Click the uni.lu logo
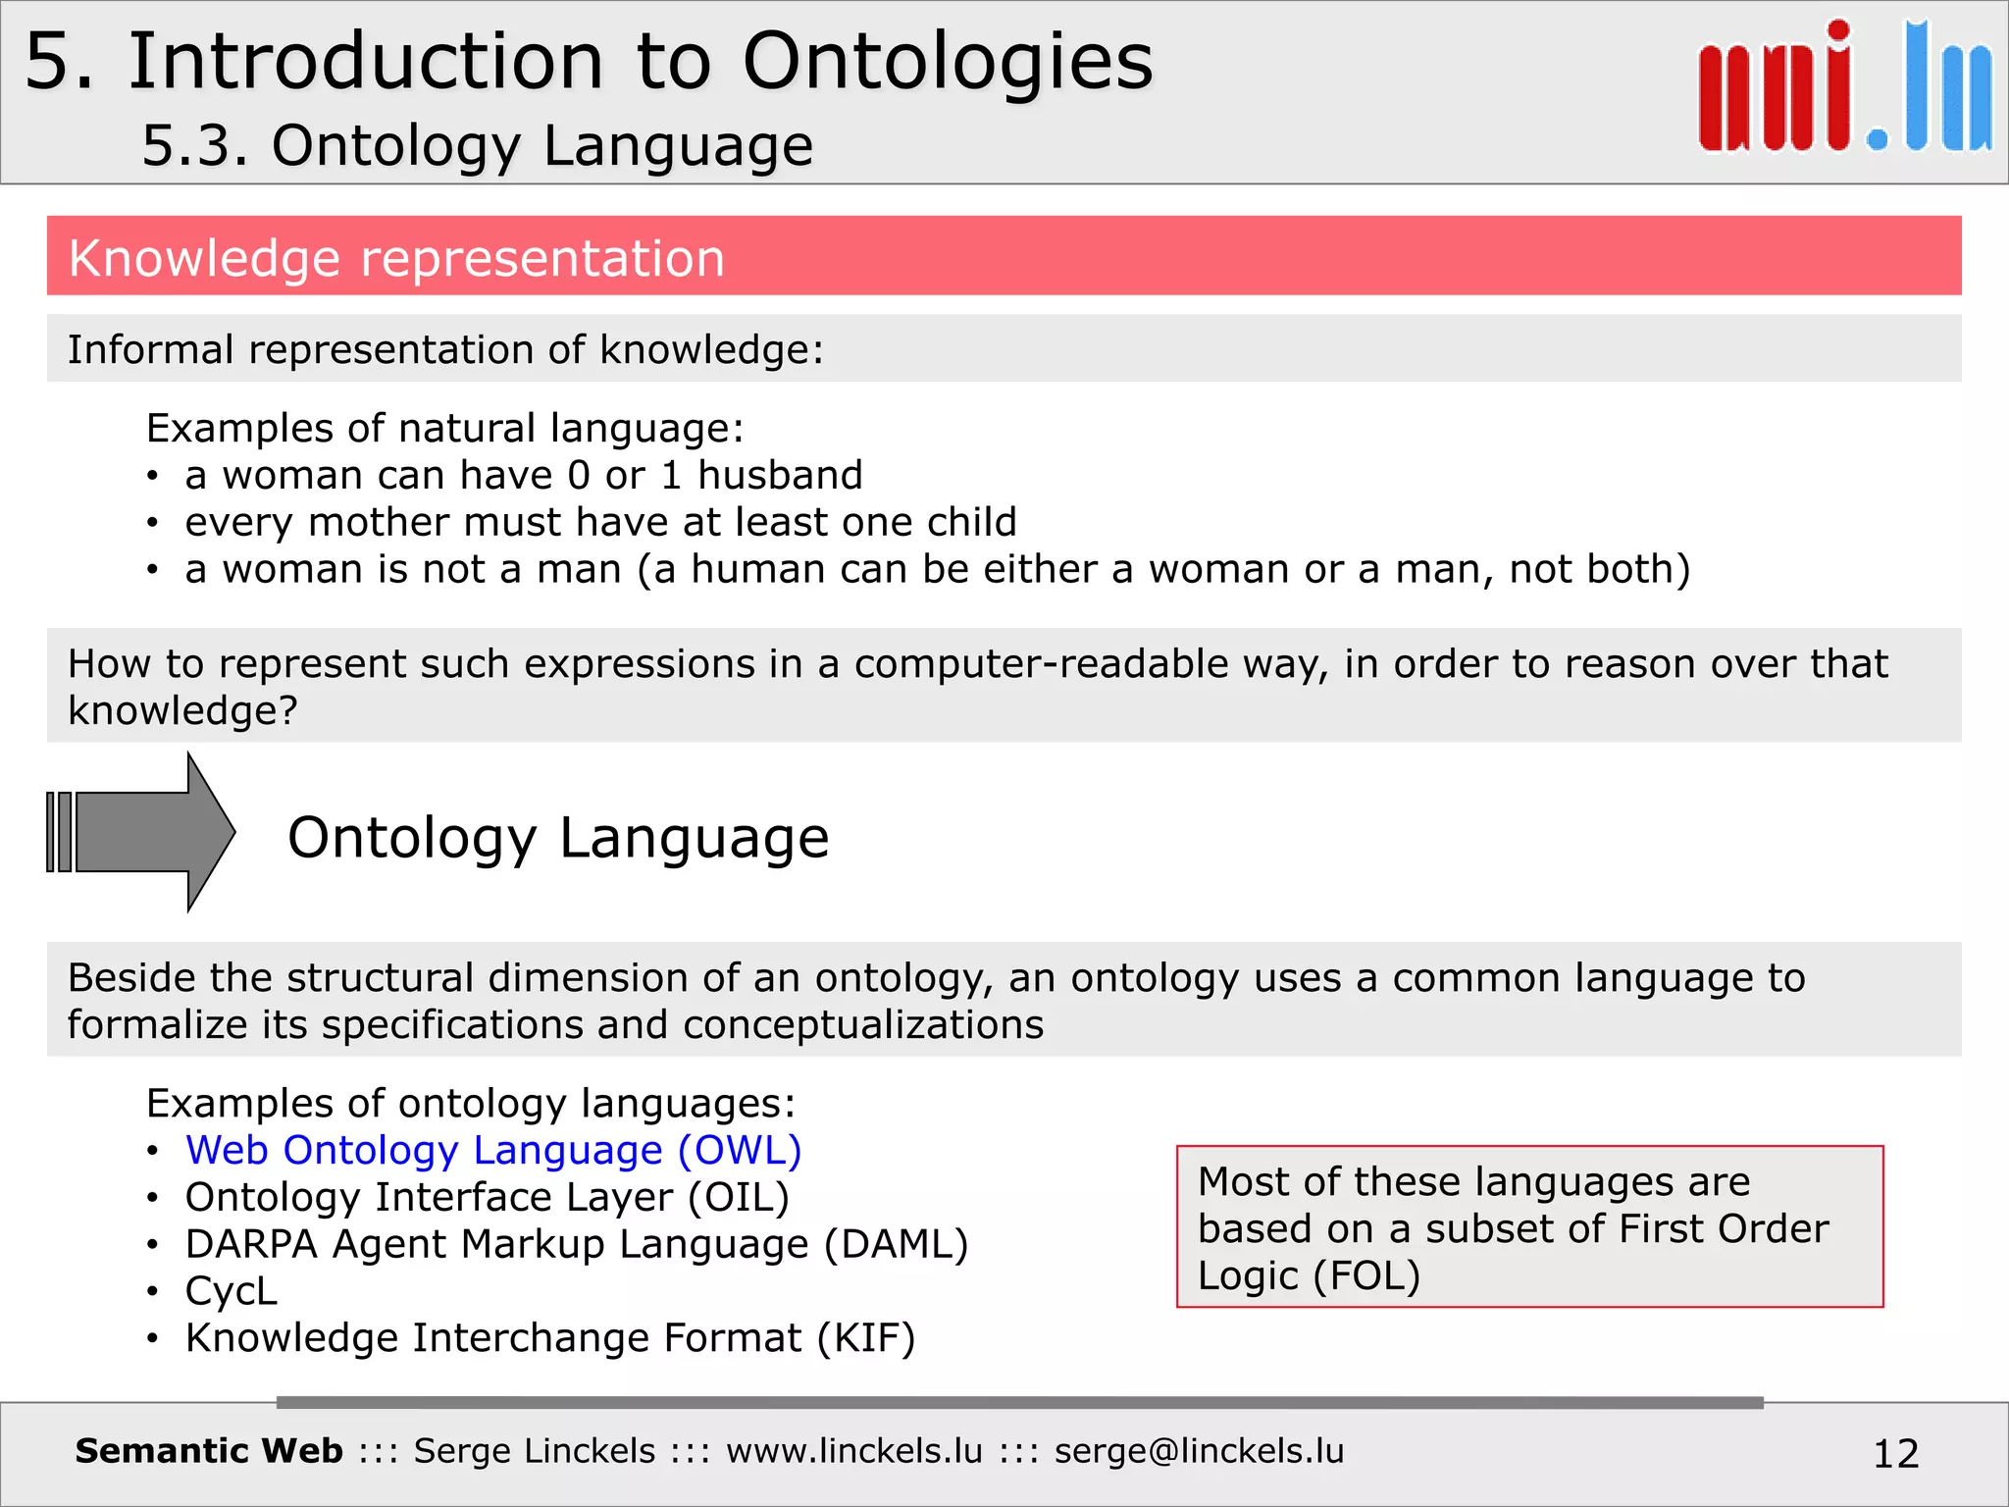coord(1844,88)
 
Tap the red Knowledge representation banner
coord(1003,256)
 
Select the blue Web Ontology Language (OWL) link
coord(493,1150)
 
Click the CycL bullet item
coord(232,1291)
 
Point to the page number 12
coord(1895,1453)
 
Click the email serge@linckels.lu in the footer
coord(1199,1450)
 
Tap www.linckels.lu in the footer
coord(853,1450)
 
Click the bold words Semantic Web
coord(209,1450)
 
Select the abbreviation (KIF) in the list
coord(866,1338)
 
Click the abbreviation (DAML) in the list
coord(896,1244)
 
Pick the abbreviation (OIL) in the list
coord(739,1197)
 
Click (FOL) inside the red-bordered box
coord(1366,1275)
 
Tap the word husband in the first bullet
coord(780,475)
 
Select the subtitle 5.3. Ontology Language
coord(478,146)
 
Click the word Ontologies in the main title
coord(948,61)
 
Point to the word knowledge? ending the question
coord(182,710)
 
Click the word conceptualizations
coord(863,1024)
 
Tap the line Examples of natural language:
coord(445,428)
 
